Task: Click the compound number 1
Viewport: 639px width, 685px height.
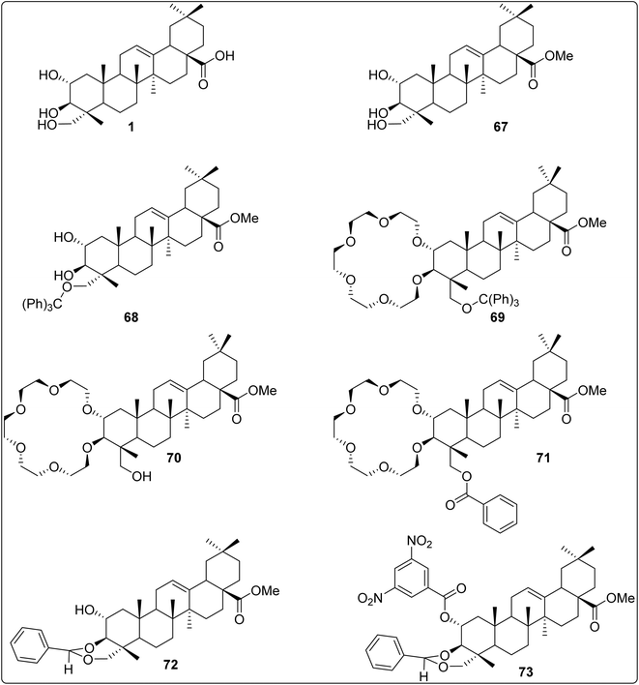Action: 131,127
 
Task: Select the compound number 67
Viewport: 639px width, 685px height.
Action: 501,127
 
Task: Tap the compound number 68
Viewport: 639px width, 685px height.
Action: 131,317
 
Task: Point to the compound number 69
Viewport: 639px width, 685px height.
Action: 497,317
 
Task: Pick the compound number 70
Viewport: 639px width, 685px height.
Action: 173,458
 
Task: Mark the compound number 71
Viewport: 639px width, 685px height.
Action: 542,458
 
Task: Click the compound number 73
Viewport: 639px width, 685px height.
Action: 526,671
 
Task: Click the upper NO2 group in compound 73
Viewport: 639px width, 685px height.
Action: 420,543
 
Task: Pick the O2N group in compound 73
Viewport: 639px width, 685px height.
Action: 369,598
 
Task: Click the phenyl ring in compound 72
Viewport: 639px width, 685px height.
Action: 29,644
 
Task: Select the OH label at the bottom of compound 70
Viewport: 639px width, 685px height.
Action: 141,476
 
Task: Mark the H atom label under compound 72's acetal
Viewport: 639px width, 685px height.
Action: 69,670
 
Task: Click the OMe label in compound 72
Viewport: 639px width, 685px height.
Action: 265,591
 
